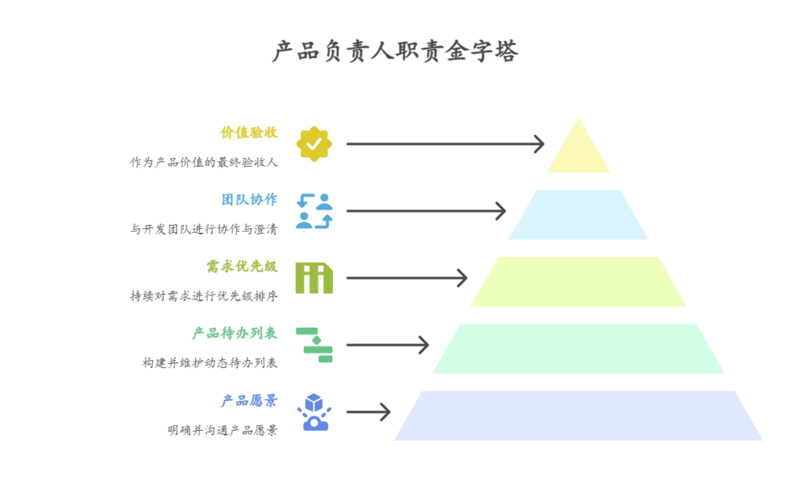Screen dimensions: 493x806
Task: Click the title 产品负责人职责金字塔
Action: click(x=395, y=52)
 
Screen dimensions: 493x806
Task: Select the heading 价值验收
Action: click(x=249, y=132)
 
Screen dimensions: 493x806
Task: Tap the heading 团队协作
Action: click(x=249, y=199)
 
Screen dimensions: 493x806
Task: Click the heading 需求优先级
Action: click(x=242, y=266)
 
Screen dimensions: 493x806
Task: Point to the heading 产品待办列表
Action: click(x=235, y=333)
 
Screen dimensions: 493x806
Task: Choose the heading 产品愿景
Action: click(x=249, y=400)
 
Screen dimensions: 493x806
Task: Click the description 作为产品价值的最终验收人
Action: click(x=204, y=162)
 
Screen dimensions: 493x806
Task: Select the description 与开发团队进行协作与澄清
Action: click(x=204, y=229)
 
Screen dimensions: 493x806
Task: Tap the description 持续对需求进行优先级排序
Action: click(x=204, y=296)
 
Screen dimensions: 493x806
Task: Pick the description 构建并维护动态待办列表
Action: click(x=210, y=363)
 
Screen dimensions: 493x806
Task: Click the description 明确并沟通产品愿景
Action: click(x=223, y=430)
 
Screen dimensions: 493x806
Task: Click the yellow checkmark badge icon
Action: click(x=314, y=144)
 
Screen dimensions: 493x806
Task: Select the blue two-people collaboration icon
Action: click(x=314, y=211)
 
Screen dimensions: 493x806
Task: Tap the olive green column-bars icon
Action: click(x=314, y=278)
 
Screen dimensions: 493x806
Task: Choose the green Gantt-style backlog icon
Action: click(x=314, y=345)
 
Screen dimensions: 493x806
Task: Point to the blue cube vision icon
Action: click(x=314, y=412)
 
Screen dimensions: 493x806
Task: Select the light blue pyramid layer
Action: click(x=579, y=215)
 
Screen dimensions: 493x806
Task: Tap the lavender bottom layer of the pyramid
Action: click(x=579, y=416)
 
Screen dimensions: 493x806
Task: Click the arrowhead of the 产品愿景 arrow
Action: click(x=386, y=412)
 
